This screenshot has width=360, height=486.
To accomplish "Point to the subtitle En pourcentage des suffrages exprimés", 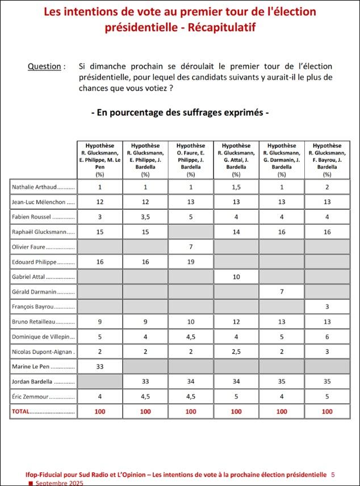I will pos(180,112).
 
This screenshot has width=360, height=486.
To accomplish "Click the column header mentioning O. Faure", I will pos(191,157).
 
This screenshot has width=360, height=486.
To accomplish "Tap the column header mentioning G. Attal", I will pos(236,157).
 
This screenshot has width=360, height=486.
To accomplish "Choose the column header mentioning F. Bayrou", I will pos(327,157).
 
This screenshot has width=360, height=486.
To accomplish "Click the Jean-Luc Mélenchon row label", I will pos(43,202).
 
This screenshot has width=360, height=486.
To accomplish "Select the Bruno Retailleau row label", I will pos(43,322).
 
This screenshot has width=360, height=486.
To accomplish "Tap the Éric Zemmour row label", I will pos(43,397).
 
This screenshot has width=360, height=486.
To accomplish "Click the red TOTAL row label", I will pos(43,411).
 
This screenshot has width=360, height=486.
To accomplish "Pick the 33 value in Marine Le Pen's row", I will pos(99,367).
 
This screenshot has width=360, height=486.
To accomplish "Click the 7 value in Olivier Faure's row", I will pos(191,247).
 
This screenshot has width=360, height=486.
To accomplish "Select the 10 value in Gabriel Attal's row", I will pos(236,277).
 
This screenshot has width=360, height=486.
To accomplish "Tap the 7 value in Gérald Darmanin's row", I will pos(282,292).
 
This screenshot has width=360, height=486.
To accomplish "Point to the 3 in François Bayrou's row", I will pos(327,307).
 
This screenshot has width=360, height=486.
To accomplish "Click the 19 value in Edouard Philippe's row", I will pos(191,262).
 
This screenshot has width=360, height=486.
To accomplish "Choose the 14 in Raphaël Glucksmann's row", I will pos(236,232).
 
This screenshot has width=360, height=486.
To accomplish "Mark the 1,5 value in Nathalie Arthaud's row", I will pos(236,187).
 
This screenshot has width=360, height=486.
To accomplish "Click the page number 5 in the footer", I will pos(333,474).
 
